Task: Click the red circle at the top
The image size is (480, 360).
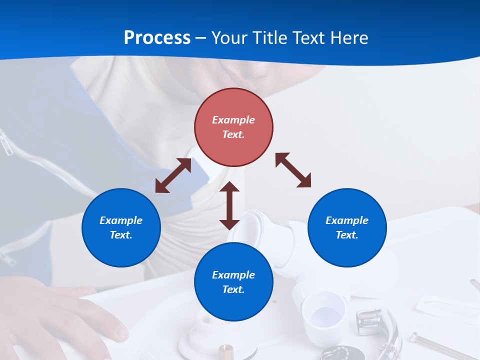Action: coord(233,127)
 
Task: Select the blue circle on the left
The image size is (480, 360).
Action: coord(121,227)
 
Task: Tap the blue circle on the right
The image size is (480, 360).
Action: coord(347,227)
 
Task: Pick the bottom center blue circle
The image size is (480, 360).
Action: coord(233,282)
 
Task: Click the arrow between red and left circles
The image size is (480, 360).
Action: coord(173,175)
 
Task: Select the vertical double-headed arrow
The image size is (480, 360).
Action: coord(229,205)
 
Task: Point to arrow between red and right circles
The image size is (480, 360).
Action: coord(293,170)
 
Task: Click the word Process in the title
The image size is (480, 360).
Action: coord(157,37)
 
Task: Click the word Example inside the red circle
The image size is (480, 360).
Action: coord(233,120)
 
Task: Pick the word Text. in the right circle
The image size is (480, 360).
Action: coord(347,235)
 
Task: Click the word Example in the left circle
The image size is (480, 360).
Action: coord(121,220)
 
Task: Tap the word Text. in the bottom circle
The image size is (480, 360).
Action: coord(233,289)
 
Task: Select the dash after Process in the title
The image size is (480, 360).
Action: coord(201,37)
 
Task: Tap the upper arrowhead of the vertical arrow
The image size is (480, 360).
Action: coord(229,187)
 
